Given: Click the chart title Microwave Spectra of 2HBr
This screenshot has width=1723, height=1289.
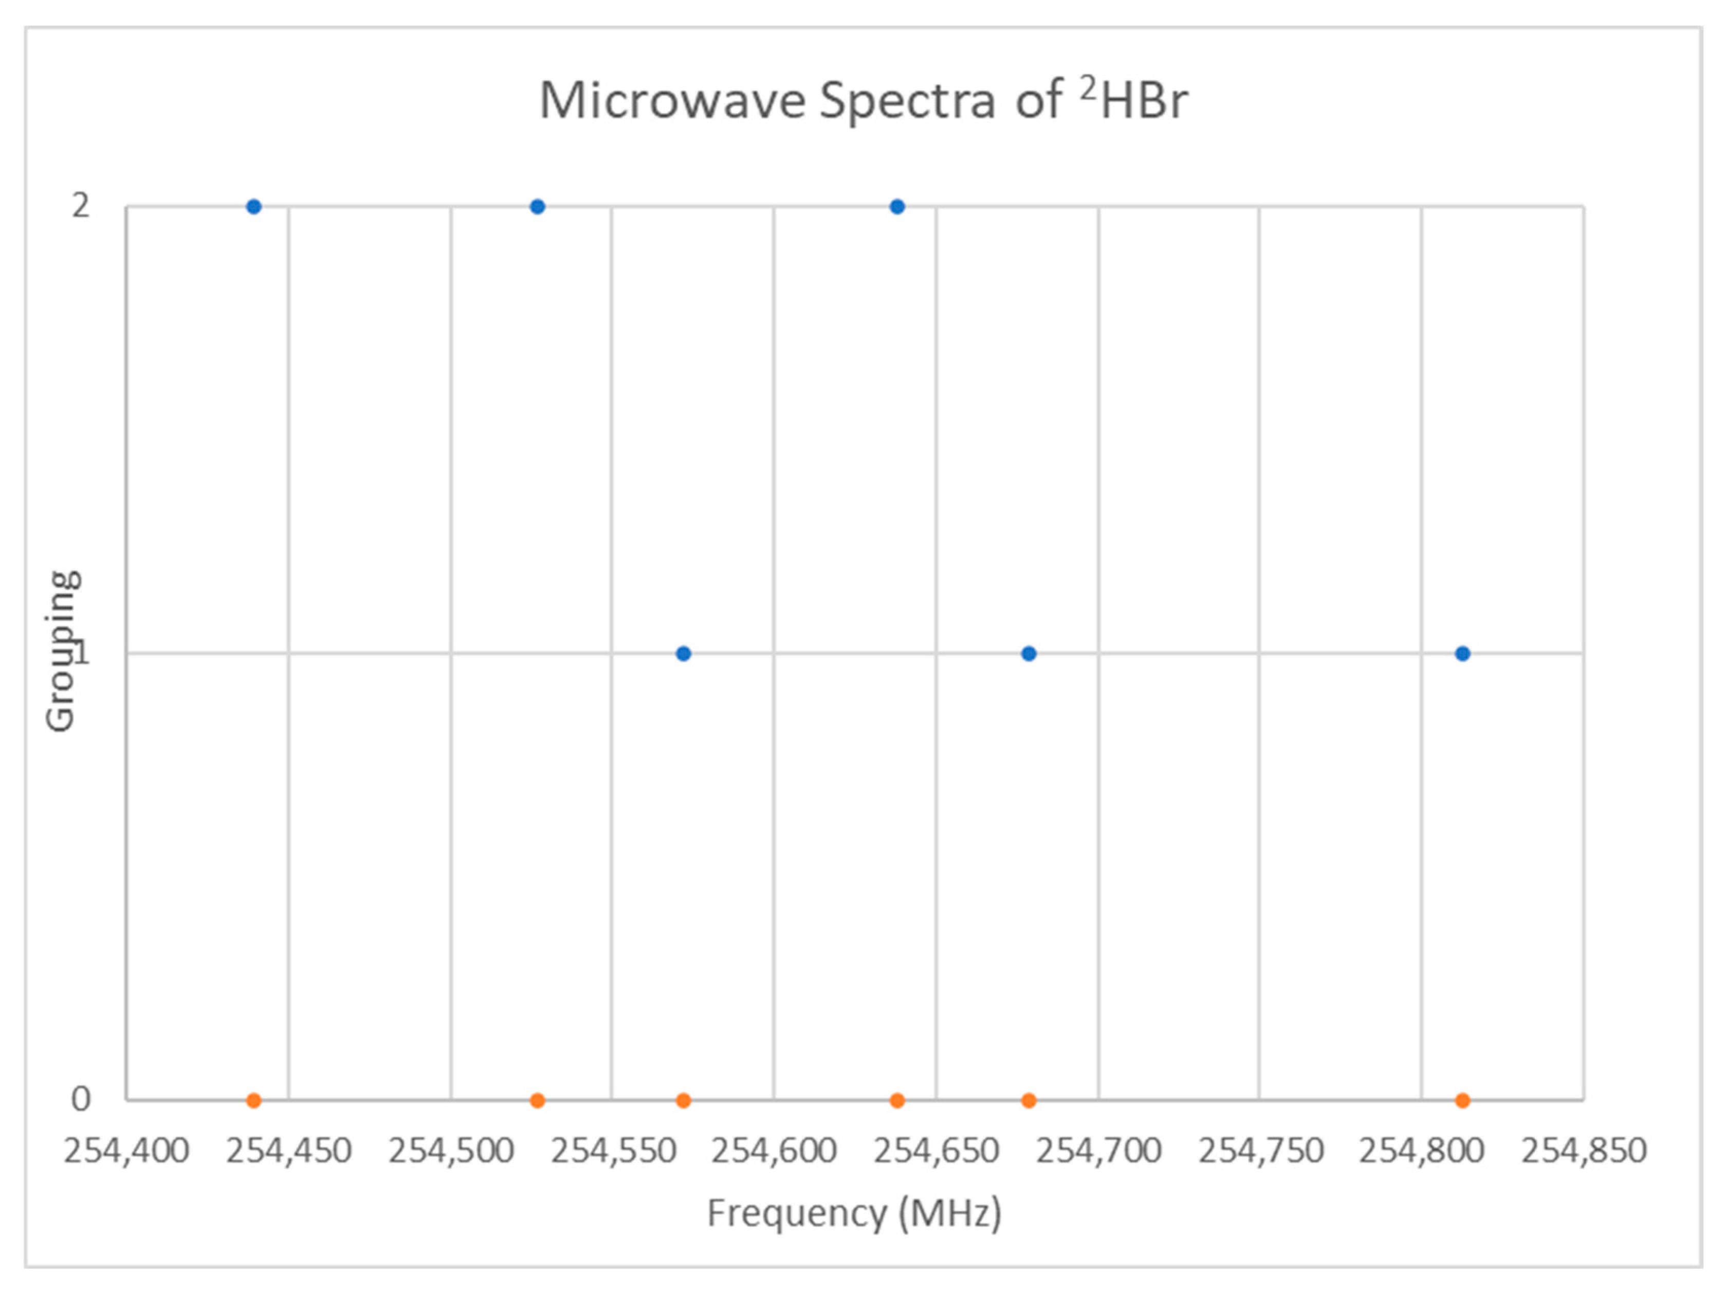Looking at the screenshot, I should [x=863, y=100].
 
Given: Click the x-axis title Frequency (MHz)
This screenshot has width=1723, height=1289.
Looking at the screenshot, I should [x=854, y=1213].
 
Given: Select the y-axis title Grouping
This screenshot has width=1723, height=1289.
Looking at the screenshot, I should [x=61, y=652].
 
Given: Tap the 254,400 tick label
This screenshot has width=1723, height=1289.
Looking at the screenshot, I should [x=126, y=1151].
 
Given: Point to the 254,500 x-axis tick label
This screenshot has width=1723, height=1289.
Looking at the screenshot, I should [x=451, y=1151].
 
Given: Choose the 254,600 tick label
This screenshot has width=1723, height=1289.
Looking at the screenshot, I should [x=774, y=1151].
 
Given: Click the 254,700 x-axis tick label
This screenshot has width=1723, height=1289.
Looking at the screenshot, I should [x=1098, y=1151].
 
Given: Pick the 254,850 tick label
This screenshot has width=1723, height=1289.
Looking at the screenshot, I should [x=1584, y=1151].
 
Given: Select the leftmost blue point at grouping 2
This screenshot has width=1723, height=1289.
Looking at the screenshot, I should [x=253, y=207].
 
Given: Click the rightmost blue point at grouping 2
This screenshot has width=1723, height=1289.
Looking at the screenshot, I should [x=896, y=207].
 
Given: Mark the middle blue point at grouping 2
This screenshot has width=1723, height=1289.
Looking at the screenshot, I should [x=537, y=207].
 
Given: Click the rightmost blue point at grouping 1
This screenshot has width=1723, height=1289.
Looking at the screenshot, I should [x=1462, y=653].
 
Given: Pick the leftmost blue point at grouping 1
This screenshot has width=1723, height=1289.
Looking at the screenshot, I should [x=683, y=653].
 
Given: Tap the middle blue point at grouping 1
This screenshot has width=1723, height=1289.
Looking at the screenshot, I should [x=1028, y=653].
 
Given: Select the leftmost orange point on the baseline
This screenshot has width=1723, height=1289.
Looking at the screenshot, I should [x=253, y=1100].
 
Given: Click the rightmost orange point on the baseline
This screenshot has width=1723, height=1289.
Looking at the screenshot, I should [x=1462, y=1100].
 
